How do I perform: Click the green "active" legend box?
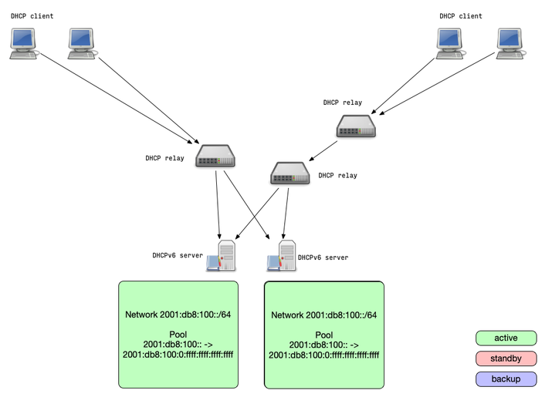[x=506, y=338]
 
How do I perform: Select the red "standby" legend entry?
[x=506, y=358]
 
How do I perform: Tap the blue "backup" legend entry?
[x=506, y=378]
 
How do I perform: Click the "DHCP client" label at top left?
[x=32, y=16]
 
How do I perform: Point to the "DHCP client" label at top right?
[x=461, y=16]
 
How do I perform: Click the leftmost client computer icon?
[x=23, y=43]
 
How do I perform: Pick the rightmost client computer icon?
[x=510, y=43]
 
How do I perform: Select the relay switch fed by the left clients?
[x=215, y=158]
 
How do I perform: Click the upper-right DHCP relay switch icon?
[x=356, y=126]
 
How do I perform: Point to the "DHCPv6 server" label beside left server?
[x=178, y=255]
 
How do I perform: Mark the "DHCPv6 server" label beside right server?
[x=323, y=257]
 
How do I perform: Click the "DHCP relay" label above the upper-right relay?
[x=342, y=103]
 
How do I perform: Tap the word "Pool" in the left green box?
[x=178, y=335]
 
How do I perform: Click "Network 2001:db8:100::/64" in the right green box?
[x=323, y=315]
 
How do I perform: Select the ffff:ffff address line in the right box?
[x=323, y=355]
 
